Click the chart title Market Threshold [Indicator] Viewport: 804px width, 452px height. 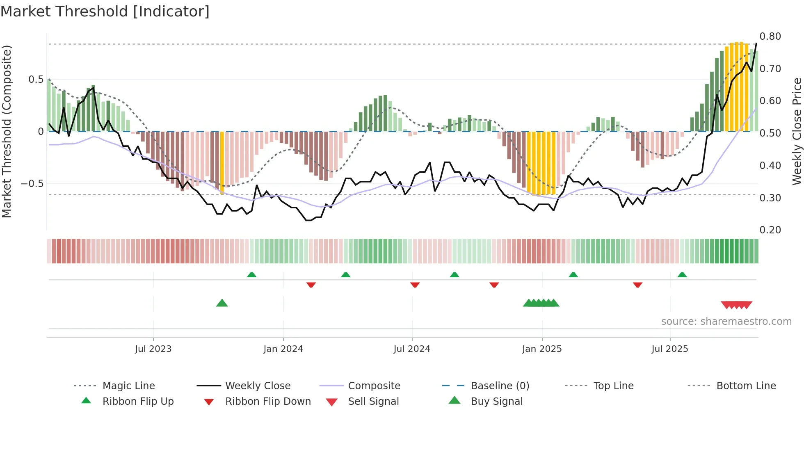(x=105, y=11)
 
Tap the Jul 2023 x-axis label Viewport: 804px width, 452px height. (x=153, y=349)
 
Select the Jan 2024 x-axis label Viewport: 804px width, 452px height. (x=283, y=349)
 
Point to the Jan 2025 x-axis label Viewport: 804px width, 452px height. (x=542, y=349)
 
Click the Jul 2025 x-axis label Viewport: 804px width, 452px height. (x=670, y=349)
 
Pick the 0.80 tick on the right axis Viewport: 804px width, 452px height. (x=770, y=37)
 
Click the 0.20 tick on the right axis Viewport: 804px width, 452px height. (x=770, y=230)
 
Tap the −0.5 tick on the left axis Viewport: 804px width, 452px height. (x=32, y=183)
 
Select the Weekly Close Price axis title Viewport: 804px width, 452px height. (x=797, y=131)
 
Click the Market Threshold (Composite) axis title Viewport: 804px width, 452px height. (x=7, y=131)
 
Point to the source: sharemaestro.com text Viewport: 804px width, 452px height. (x=726, y=322)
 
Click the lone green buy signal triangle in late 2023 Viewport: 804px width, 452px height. (x=222, y=303)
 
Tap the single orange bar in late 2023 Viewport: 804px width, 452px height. (x=222, y=162)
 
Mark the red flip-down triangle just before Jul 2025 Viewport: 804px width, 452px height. (x=637, y=285)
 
